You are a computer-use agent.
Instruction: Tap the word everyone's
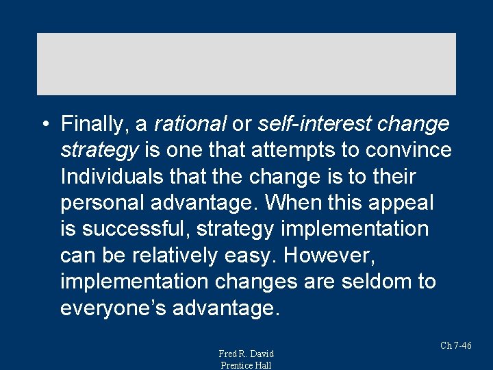[x=113, y=308]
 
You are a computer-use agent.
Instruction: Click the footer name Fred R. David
[x=246, y=354]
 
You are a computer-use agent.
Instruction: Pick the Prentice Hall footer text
[x=246, y=365]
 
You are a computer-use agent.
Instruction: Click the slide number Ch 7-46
[x=455, y=345]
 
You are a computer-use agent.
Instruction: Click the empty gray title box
[x=246, y=64]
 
